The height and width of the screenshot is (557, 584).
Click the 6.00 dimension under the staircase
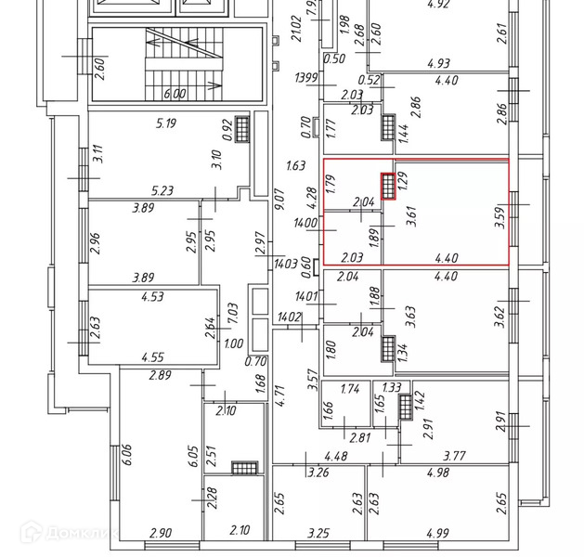175,94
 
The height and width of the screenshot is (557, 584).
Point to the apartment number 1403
285,264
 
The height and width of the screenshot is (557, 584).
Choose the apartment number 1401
305,297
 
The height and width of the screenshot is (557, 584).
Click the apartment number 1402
289,317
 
